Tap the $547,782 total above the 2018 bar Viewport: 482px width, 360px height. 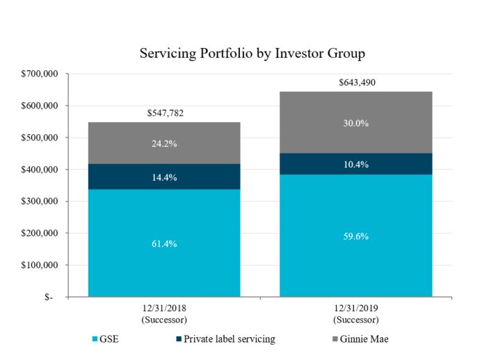click(164, 113)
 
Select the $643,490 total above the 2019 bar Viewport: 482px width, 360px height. click(357, 82)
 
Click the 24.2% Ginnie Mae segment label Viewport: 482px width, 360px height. click(164, 145)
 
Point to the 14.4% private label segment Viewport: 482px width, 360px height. click(164, 177)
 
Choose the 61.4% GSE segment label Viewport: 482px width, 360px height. click(164, 243)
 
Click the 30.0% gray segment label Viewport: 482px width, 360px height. click(357, 123)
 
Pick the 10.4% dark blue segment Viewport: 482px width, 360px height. click(357, 165)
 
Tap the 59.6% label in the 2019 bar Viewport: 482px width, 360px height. click(357, 236)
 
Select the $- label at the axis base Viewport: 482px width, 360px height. click(52, 297)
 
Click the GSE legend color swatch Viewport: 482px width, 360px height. click(95, 340)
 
